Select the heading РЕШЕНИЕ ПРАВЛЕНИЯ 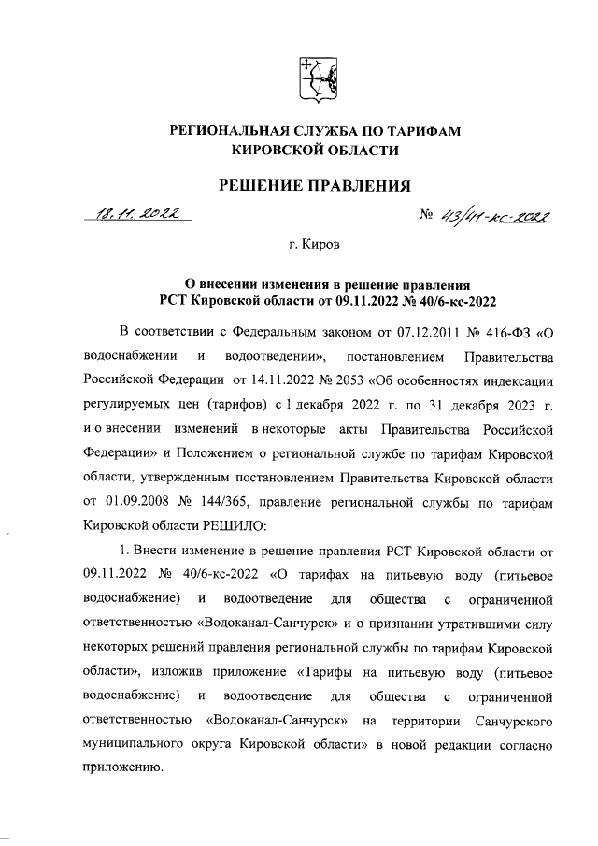click(314, 186)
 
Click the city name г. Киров click(315, 246)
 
